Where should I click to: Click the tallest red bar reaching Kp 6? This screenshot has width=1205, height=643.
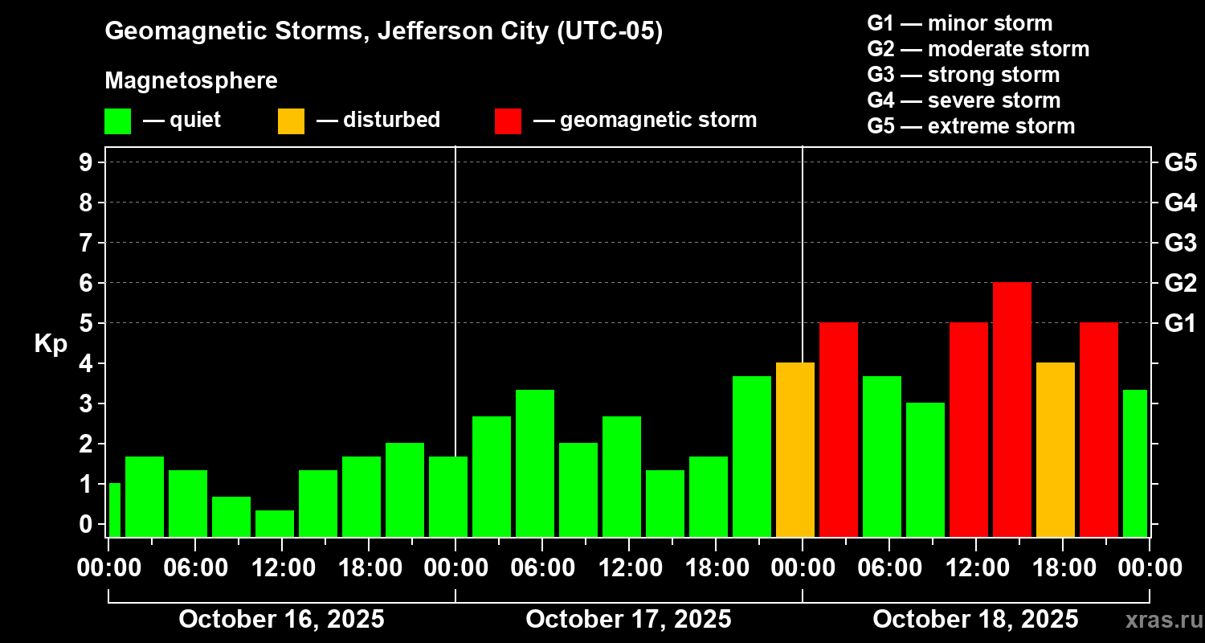[1012, 409]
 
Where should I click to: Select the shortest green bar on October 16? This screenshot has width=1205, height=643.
[275, 523]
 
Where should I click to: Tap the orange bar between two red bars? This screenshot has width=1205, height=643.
[1056, 449]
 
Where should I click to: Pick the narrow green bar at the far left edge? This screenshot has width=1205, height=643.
[114, 510]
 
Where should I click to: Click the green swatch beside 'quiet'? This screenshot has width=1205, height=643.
[118, 121]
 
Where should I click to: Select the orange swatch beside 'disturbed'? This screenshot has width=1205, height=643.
[292, 121]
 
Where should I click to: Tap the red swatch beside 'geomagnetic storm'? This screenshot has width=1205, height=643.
[509, 121]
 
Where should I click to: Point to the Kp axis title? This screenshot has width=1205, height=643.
[51, 344]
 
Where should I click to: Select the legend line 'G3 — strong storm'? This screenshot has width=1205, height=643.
[963, 76]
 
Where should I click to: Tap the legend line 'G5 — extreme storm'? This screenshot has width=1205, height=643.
[970, 127]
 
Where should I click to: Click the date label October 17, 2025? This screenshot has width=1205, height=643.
[628, 620]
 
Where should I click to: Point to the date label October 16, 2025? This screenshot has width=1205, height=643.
[281, 620]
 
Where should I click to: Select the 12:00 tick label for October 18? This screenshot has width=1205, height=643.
[975, 568]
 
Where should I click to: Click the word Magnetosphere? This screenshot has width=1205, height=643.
[191, 81]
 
